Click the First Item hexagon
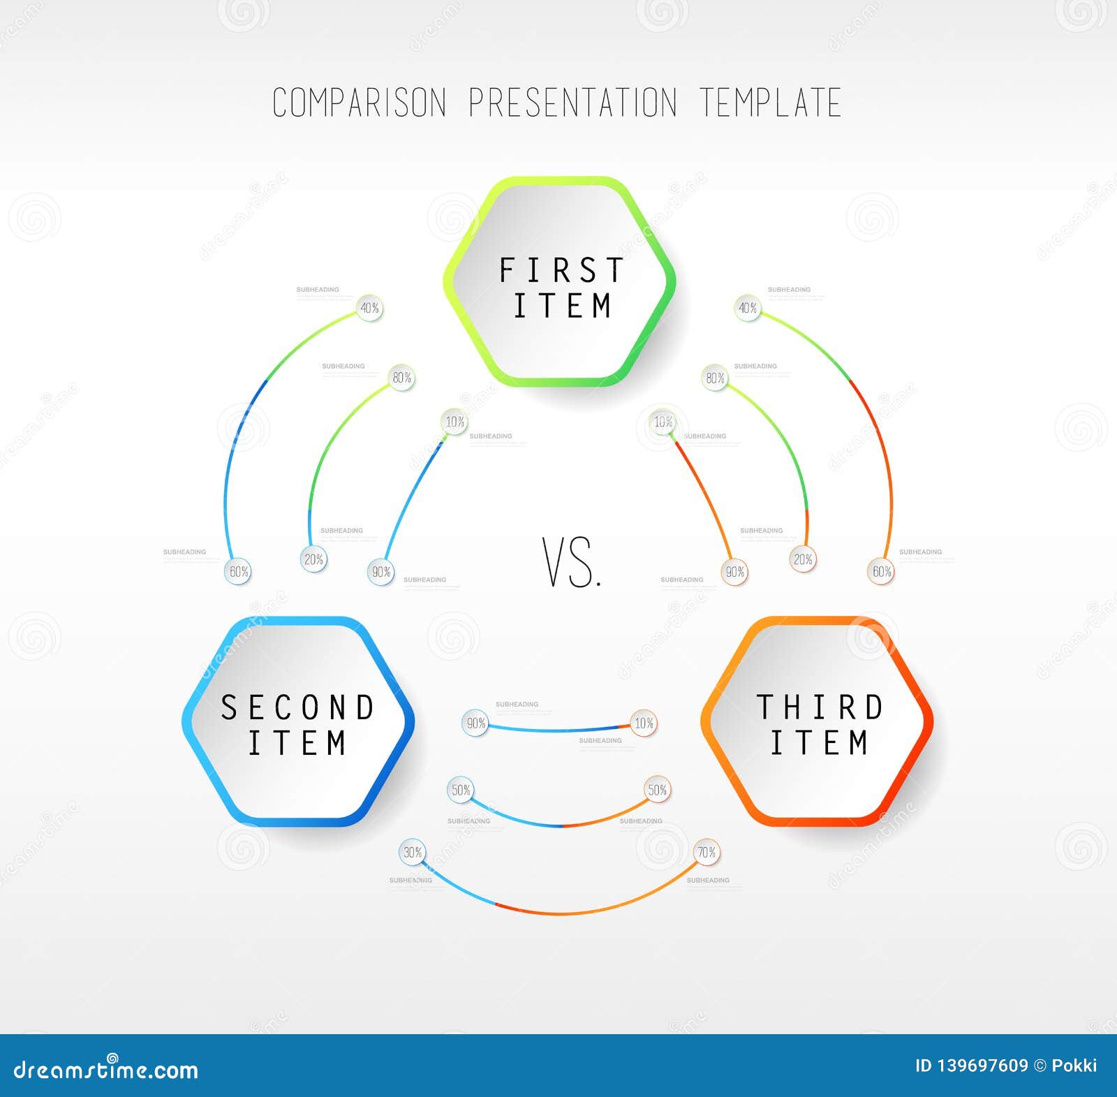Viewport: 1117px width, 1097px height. tap(560, 281)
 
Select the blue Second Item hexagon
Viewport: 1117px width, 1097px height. tap(298, 722)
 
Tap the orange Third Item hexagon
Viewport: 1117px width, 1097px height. tap(818, 722)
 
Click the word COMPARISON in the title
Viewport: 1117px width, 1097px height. tap(359, 103)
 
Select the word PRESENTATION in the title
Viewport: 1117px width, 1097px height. tap(572, 103)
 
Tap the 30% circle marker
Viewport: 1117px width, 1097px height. tap(413, 853)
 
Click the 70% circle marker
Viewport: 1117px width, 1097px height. tap(707, 853)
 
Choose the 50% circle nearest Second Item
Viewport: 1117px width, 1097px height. tap(461, 790)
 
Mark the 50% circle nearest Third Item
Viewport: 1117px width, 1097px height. tap(658, 790)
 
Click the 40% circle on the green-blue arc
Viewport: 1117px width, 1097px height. tap(369, 308)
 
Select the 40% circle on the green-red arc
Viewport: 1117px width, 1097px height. tap(748, 308)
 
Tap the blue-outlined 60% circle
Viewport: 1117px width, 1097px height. tap(239, 572)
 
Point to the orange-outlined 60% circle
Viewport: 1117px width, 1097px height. tap(881, 572)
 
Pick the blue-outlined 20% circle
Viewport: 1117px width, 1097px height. tap(313, 559)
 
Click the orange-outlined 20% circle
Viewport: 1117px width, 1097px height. tap(803, 559)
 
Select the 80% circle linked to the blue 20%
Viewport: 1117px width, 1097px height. tap(401, 378)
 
